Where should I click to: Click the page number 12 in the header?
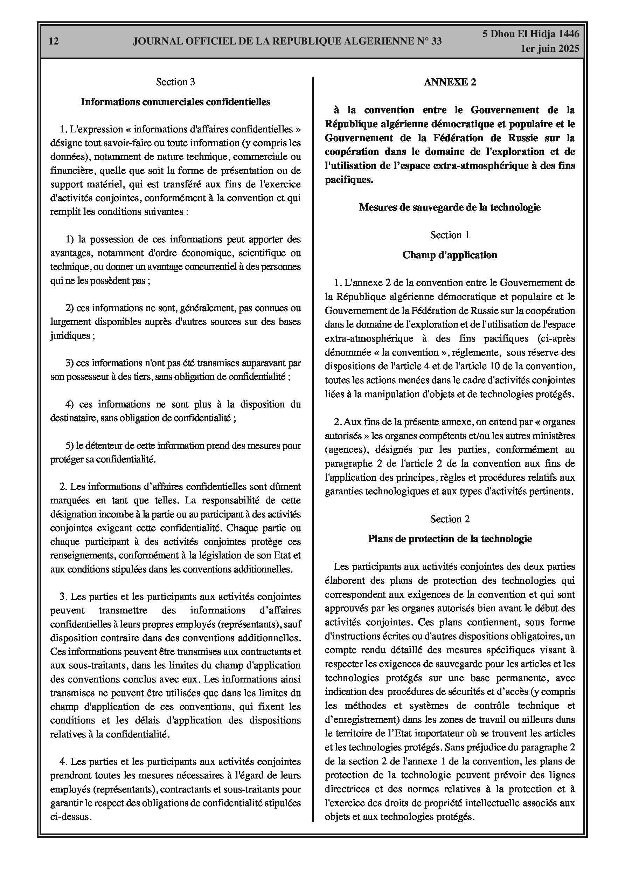coord(54,41)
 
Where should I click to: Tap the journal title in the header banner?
coord(287,41)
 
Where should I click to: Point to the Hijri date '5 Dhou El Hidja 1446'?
coord(530,34)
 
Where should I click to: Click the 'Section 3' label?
coord(175,82)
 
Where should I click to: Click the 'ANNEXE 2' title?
coord(450,82)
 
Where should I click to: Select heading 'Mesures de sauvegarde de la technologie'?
coord(450,207)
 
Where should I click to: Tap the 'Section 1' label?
coord(450,235)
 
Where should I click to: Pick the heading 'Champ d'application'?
coord(450,255)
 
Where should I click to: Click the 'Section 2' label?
coord(450,519)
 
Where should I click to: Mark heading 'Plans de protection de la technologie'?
coord(450,539)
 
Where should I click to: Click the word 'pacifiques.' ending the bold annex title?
coord(349,180)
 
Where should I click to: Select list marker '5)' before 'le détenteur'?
coord(69,446)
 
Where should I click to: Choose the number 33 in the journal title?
coord(436,41)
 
